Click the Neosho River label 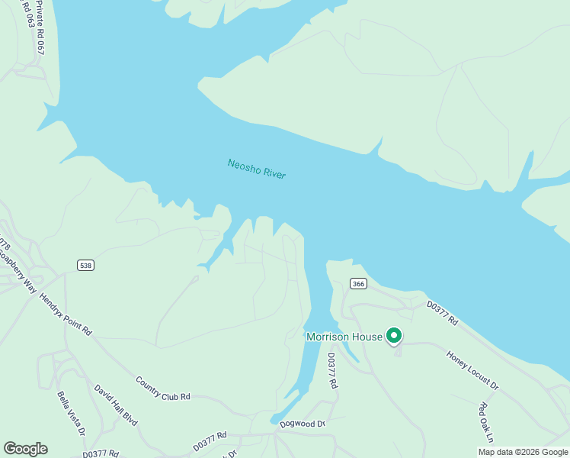(257, 169)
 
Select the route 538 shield (85, 265)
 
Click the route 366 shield (358, 283)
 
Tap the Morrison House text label (344, 337)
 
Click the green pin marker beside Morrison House (394, 335)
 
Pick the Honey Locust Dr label (472, 370)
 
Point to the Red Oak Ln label (485, 422)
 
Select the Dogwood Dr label (303, 424)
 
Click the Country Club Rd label (162, 388)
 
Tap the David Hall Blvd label (116, 405)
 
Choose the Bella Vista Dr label (70, 413)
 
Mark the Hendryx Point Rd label (66, 315)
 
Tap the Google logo (25, 449)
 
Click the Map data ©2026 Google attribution (523, 452)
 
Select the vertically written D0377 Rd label (332, 371)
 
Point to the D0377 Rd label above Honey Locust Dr (442, 313)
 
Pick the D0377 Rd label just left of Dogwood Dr (210, 441)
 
